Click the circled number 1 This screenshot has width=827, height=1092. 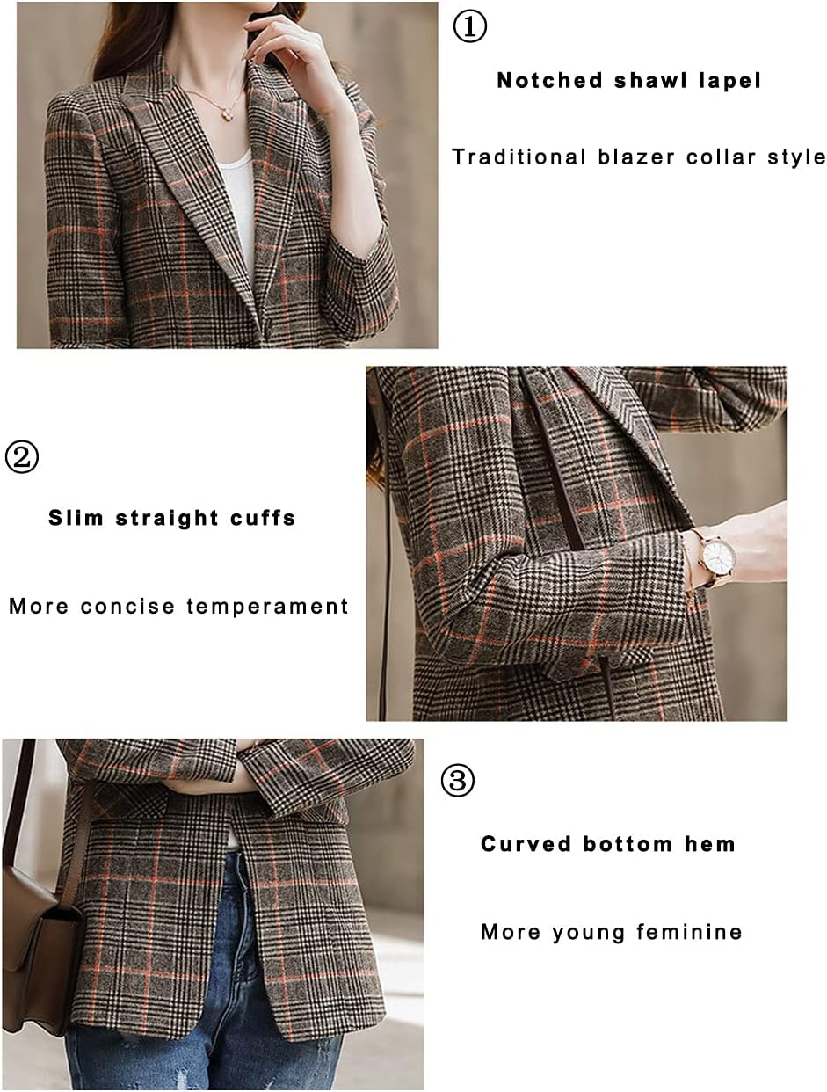[x=469, y=26]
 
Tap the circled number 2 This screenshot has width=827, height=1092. [x=22, y=457]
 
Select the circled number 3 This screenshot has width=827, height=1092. [x=457, y=781]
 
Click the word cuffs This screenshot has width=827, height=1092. [x=263, y=518]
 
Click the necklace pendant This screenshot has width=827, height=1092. [x=230, y=114]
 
